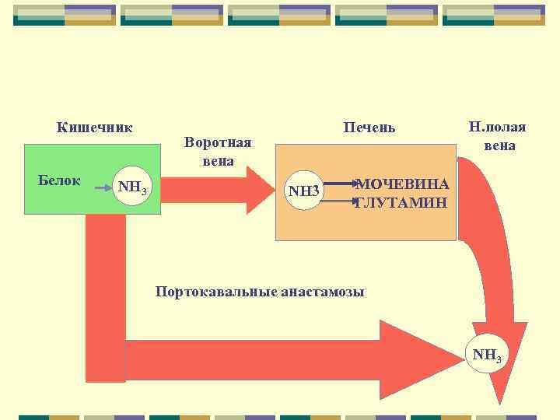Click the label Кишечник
coord(94,127)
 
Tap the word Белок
coord(59,180)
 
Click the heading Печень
coord(369,127)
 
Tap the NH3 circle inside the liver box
coord(303,191)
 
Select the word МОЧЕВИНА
coord(402,184)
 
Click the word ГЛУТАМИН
coord(402,202)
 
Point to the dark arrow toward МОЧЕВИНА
coord(338,184)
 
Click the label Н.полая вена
coord(497,135)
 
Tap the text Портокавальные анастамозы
coord(260,292)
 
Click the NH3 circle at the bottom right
coord(488,356)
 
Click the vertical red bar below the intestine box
coord(105,296)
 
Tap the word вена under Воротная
coord(218,161)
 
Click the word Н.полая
coord(497,127)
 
